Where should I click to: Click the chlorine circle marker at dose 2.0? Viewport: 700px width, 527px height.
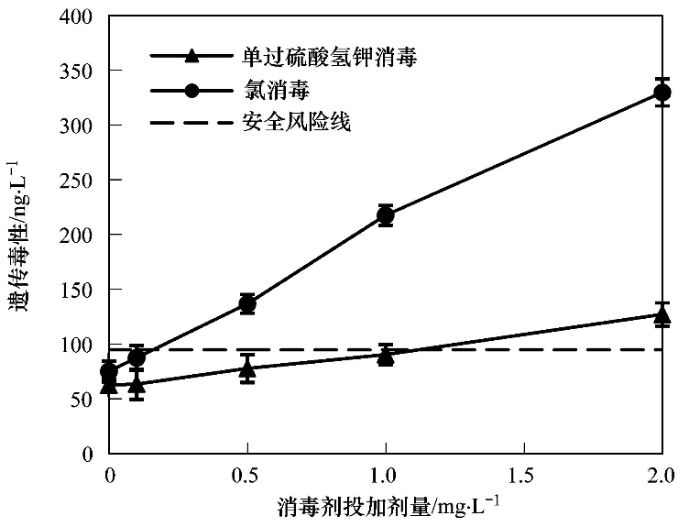(662, 92)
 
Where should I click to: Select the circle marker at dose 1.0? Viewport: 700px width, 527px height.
(386, 216)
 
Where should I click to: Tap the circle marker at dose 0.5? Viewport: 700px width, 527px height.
(246, 304)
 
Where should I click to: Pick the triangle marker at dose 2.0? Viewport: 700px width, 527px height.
(662, 316)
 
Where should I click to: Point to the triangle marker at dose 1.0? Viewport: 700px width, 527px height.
(386, 356)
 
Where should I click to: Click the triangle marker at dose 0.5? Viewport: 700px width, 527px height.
(246, 368)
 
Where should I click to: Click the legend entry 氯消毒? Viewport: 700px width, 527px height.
(273, 90)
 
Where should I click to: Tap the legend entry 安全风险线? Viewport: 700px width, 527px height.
(296, 121)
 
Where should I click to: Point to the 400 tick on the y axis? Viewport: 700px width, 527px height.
(76, 16)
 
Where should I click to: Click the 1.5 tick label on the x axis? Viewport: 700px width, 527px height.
(524, 475)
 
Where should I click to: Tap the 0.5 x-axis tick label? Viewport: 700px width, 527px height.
(246, 475)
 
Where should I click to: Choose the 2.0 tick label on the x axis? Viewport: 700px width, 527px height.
(661, 475)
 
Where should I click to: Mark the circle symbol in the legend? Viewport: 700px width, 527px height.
(191, 91)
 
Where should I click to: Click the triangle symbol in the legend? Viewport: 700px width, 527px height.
(191, 58)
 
